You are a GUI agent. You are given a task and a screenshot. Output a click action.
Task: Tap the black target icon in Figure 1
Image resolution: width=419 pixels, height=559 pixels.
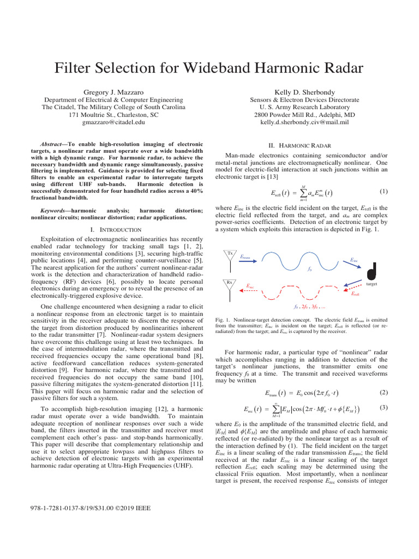coord(372,270)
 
